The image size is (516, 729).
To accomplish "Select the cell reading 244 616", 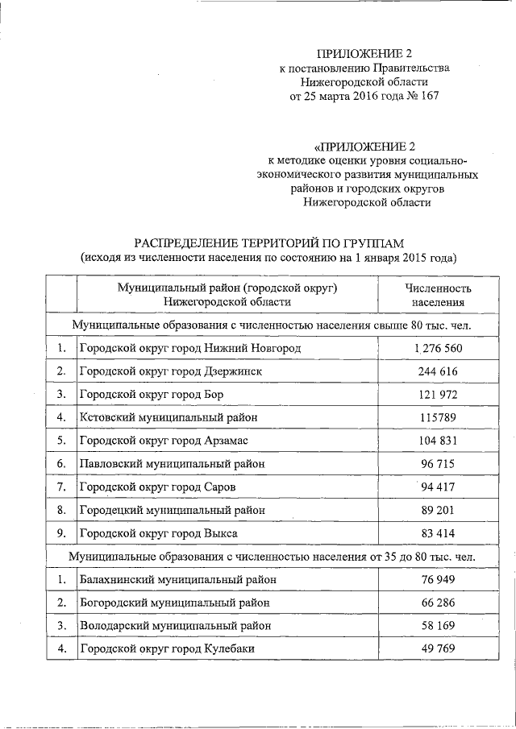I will [x=437, y=371].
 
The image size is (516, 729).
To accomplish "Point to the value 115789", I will [x=437, y=417].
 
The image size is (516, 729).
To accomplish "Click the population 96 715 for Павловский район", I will [x=437, y=464].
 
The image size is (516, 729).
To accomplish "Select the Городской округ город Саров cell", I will [x=157, y=487].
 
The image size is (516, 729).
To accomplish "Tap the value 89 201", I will [x=437, y=510].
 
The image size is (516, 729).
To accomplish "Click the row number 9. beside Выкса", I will [x=60, y=533].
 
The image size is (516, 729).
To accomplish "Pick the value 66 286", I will [x=437, y=603].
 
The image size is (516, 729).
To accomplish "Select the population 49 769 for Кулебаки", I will [x=437, y=648].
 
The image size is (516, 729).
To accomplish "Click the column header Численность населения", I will [x=437, y=295].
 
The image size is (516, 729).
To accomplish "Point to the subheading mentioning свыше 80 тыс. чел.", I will [x=272, y=325].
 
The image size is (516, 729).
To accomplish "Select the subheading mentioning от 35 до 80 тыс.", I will [x=272, y=557].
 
